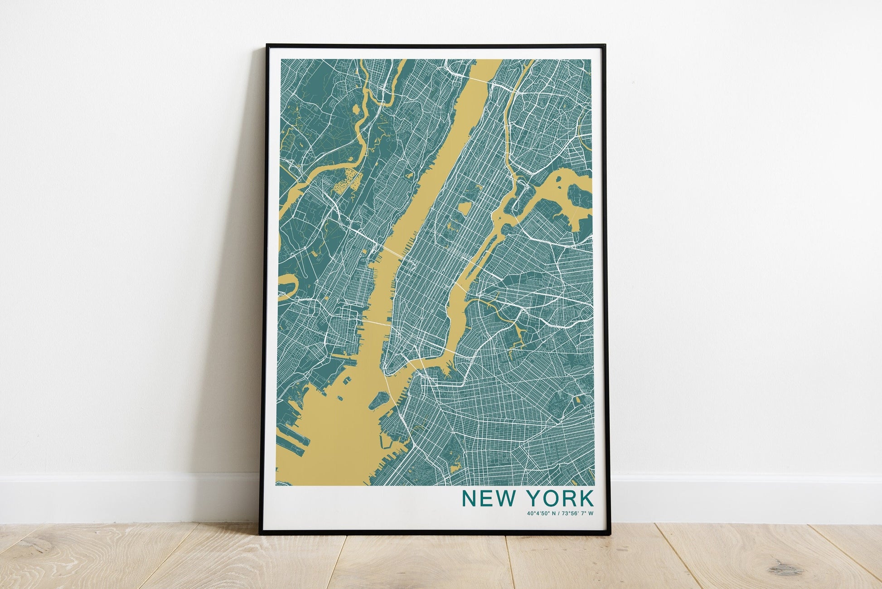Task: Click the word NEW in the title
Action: (488, 498)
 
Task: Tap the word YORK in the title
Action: (560, 498)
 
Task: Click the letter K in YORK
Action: (586, 498)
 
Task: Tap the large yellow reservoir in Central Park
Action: (465, 209)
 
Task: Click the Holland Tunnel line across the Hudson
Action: (376, 323)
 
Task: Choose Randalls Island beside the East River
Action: (517, 209)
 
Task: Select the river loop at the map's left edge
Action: (286, 287)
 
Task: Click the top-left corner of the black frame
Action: (267, 45)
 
